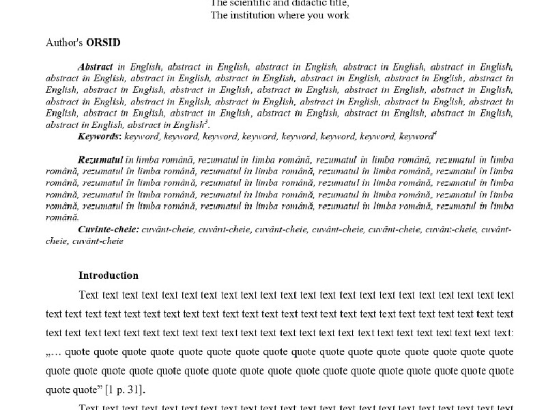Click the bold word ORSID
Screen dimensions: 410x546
point(104,43)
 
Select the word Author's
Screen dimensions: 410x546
point(64,43)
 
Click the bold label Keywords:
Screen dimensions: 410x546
point(100,137)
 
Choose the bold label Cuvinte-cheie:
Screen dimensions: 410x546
point(109,230)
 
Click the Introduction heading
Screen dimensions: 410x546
point(109,276)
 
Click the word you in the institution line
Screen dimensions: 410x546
point(316,15)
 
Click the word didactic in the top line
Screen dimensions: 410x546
point(288,2)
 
